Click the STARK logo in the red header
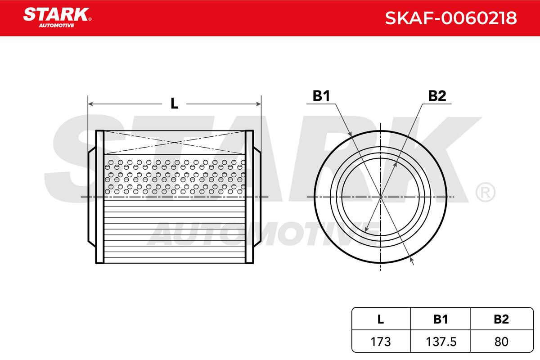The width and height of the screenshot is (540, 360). [x=57, y=18]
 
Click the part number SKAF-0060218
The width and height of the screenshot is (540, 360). [x=451, y=18]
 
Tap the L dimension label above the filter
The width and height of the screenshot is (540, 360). [x=174, y=103]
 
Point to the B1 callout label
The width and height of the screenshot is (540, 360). [x=321, y=96]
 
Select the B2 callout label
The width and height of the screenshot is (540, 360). [x=437, y=96]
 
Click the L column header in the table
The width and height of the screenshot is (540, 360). [x=380, y=319]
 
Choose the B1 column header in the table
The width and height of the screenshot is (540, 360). [x=441, y=319]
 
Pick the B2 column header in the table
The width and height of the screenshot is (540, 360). [x=501, y=319]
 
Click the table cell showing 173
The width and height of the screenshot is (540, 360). [x=380, y=342]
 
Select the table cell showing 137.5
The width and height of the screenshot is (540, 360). [x=441, y=342]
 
